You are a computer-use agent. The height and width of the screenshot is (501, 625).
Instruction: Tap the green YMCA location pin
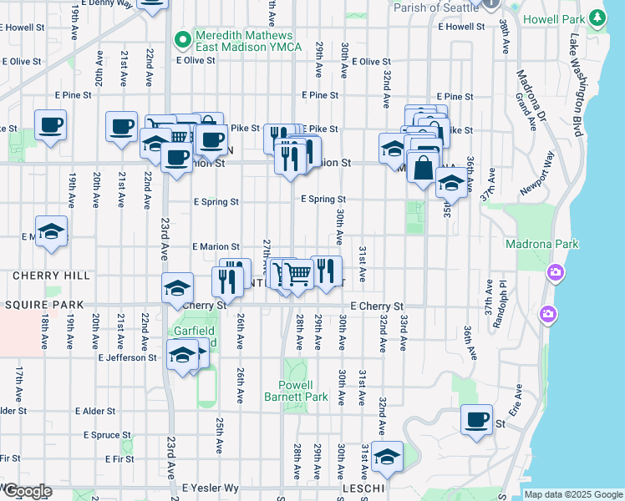(182, 38)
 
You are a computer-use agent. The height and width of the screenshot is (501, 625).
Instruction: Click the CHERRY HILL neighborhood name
(39, 275)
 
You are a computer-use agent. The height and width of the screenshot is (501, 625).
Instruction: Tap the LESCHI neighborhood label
(363, 488)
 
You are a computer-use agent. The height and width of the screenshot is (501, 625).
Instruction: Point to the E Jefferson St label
(127, 357)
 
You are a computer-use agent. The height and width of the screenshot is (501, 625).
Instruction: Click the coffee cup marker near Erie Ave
(476, 420)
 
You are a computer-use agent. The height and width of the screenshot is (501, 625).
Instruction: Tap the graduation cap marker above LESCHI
(386, 457)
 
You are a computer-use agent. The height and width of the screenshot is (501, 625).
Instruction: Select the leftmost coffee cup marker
(50, 126)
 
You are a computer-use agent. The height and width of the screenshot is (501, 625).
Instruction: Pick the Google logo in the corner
(27, 491)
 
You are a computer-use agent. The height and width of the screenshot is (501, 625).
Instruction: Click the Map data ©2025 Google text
(573, 494)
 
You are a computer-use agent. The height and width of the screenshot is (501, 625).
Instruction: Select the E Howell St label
(459, 27)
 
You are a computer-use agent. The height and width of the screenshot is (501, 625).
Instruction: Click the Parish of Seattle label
(434, 6)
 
